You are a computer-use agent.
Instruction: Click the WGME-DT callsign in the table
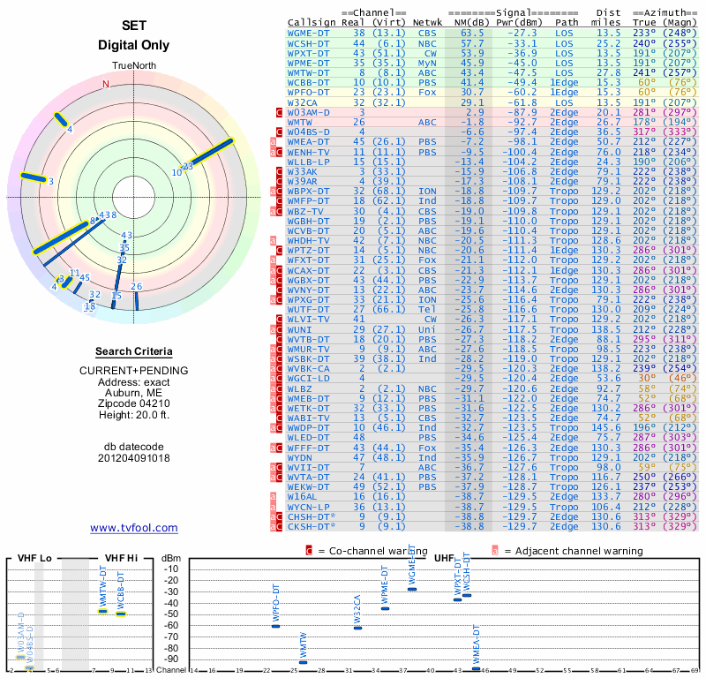point(308,32)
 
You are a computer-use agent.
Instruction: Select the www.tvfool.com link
point(134,528)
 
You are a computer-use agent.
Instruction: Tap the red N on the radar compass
point(106,85)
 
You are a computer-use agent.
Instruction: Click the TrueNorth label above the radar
point(134,67)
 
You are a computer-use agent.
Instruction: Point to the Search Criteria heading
point(134,351)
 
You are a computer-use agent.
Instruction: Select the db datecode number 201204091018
point(134,457)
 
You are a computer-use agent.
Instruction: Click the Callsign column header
point(312,21)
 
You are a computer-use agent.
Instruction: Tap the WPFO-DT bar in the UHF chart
point(275,626)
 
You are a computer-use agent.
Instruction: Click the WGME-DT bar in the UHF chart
point(412,589)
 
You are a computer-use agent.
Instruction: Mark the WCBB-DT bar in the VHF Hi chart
point(121,614)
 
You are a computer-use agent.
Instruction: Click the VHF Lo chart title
point(34,558)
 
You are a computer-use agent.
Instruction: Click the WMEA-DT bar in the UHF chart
point(477,668)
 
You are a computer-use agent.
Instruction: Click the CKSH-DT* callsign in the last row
point(312,526)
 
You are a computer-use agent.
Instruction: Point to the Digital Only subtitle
point(134,45)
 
